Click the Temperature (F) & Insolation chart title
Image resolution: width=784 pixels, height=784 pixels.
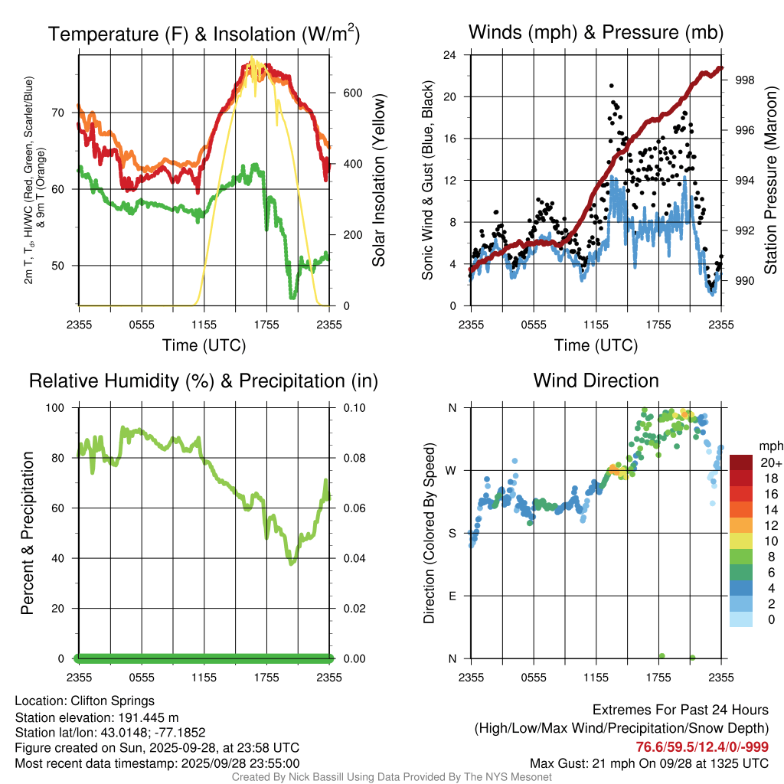coord(204,34)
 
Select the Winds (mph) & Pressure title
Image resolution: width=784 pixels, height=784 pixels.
coord(596,32)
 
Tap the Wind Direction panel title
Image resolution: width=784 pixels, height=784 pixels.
coord(596,381)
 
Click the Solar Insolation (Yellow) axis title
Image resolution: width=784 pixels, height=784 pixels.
coord(379,181)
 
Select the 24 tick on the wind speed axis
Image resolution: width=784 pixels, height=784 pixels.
coord(450,55)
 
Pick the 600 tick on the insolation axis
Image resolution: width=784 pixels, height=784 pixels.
coord(352,93)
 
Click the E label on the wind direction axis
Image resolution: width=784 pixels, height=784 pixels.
coord(452,596)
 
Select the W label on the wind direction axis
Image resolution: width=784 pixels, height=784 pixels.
coord(451,470)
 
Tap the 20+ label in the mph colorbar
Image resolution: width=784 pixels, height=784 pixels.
coord(769,462)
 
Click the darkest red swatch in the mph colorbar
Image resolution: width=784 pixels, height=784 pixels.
coord(741,462)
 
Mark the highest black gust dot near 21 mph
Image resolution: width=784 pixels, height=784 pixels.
coord(611,87)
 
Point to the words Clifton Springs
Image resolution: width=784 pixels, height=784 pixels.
coord(113,701)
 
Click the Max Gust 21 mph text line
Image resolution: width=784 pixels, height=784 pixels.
coord(649,763)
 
